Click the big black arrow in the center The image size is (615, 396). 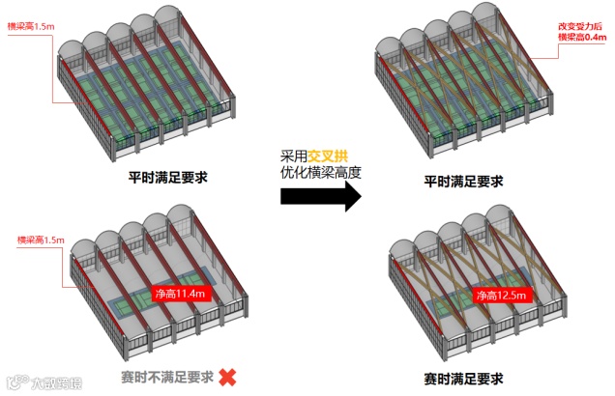[x=320, y=197]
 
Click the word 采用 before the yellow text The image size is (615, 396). [x=294, y=156]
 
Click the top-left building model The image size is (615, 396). [x=150, y=92]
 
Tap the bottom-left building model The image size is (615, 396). [x=160, y=290]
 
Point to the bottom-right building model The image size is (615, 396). [x=474, y=290]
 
